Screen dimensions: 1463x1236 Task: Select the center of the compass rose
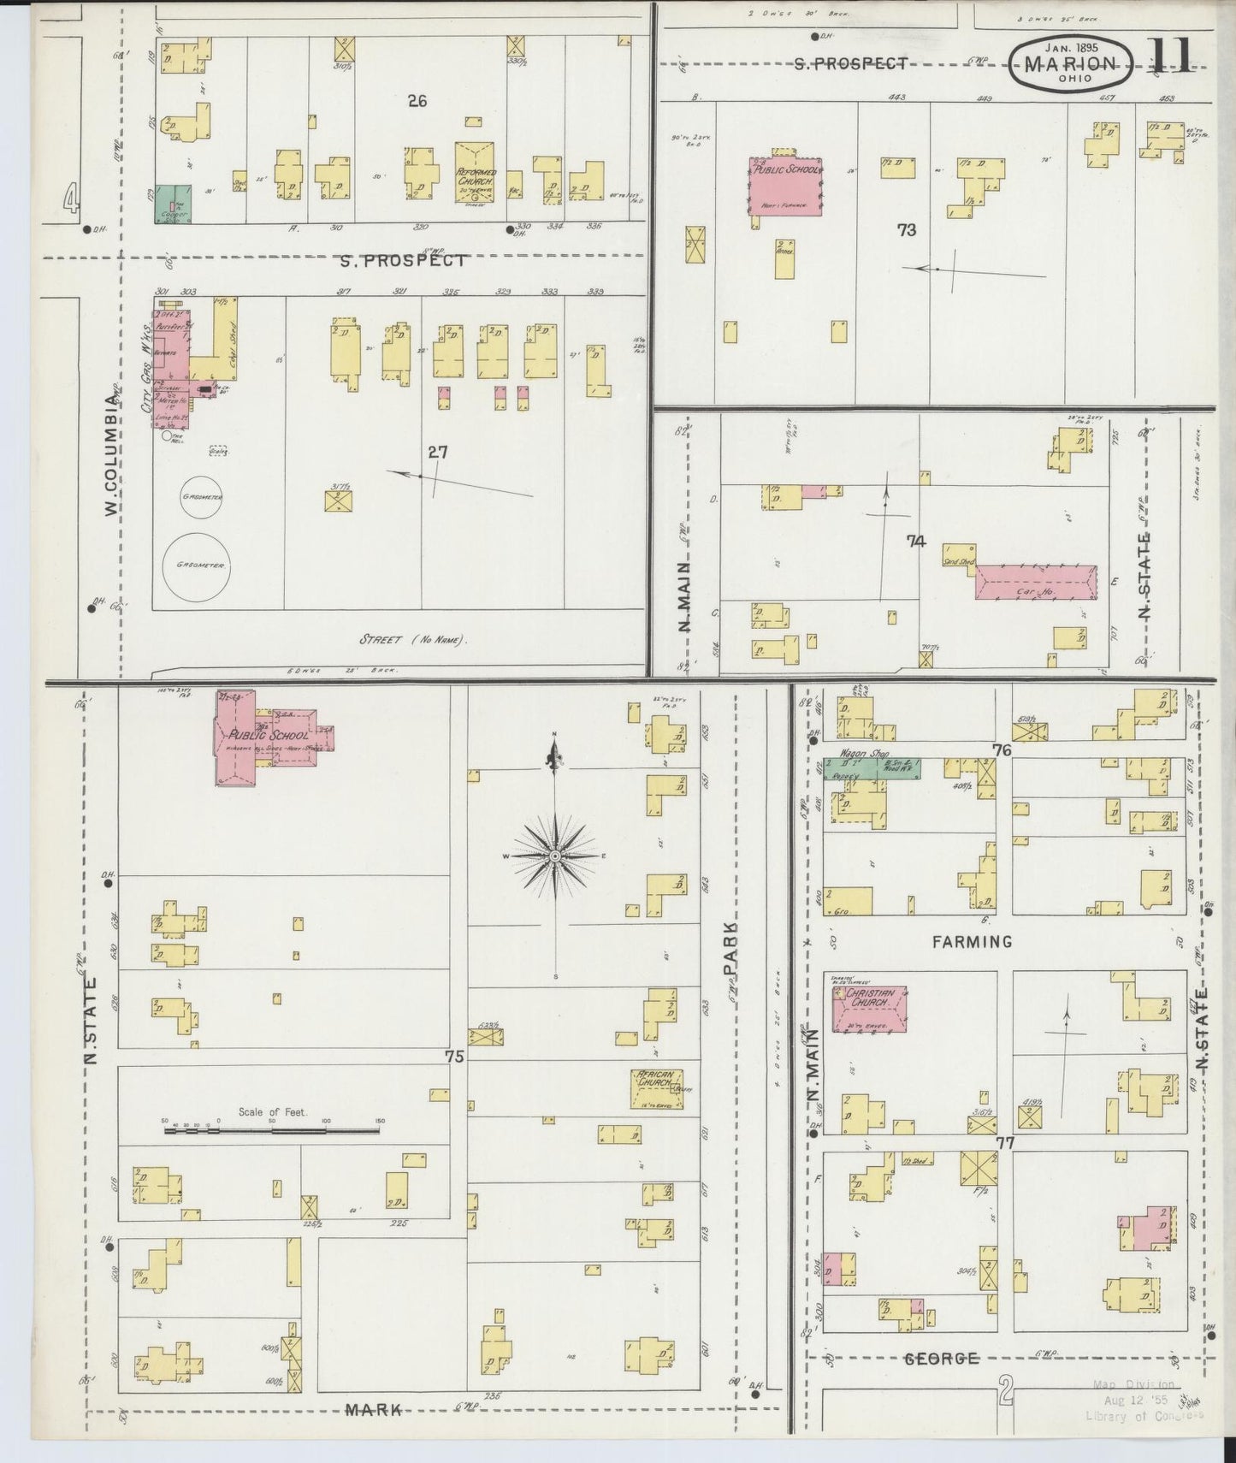pyautogui.click(x=555, y=856)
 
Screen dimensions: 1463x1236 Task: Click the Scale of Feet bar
pyautogui.click(x=272, y=1130)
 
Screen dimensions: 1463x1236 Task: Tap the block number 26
pyautogui.click(x=417, y=101)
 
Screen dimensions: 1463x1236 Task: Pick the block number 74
pyautogui.click(x=916, y=541)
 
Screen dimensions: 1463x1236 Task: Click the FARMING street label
pyautogui.click(x=972, y=941)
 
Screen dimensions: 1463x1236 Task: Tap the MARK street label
pyautogui.click(x=373, y=1410)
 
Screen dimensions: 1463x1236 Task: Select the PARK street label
pyautogui.click(x=730, y=947)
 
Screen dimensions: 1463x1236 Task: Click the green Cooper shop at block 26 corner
pyautogui.click(x=173, y=204)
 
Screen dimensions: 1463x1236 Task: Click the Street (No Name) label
pyautogui.click(x=413, y=639)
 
